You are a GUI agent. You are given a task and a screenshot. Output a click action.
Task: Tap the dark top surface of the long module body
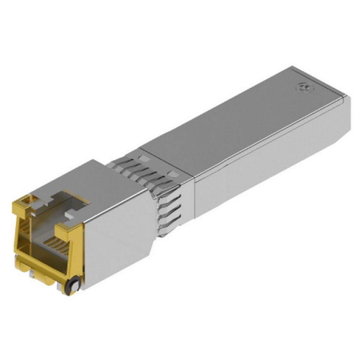[x=234, y=122]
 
